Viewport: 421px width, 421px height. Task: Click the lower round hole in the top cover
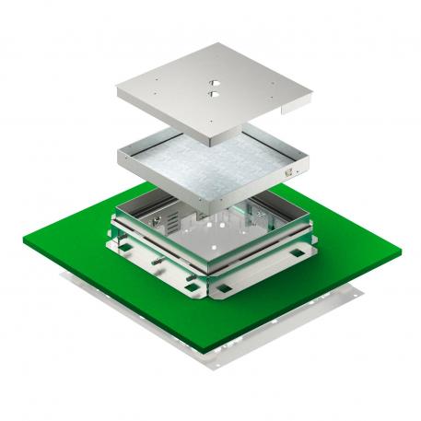click(212, 94)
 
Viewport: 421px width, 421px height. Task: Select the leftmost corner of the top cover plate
click(117, 89)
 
